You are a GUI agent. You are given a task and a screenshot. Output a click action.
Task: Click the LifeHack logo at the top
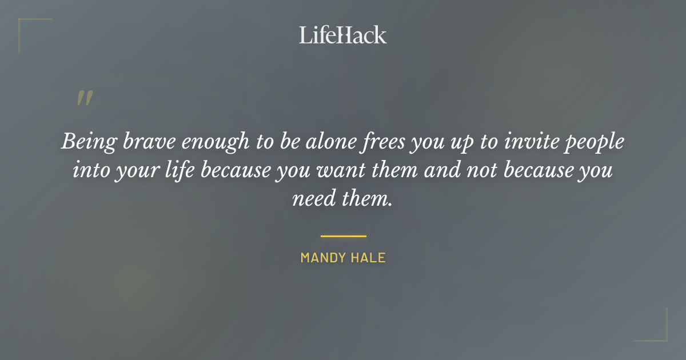coord(343,35)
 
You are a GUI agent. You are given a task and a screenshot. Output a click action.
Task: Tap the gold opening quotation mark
coord(85,99)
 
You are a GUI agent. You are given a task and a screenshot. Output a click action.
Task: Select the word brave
coord(142,142)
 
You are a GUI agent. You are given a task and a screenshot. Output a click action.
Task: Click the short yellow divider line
coord(343,235)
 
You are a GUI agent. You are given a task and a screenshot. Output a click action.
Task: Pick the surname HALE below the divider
coord(369,258)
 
